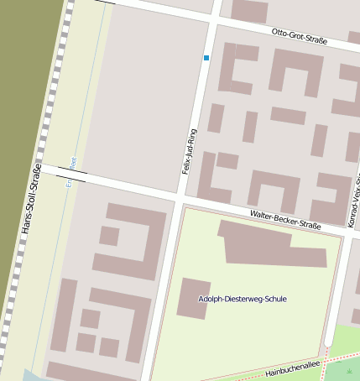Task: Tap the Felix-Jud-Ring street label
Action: click(190, 150)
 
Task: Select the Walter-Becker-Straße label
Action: click(285, 221)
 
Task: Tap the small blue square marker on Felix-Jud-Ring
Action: click(206, 58)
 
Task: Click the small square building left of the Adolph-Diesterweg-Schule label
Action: click(193, 299)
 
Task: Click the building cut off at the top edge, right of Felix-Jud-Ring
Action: click(249, 10)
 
